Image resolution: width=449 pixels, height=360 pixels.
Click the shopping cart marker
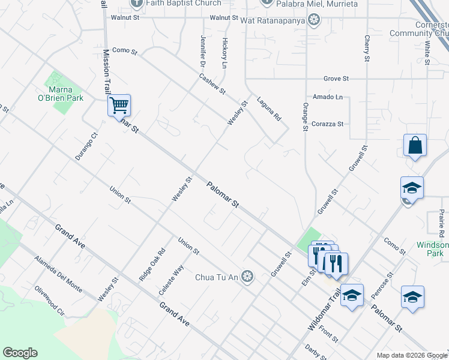tap(119, 106)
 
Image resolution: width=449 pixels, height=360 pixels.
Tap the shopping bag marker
tap(415, 145)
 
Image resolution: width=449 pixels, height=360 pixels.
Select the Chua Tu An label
tap(216, 277)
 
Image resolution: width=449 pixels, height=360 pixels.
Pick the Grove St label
tap(336, 79)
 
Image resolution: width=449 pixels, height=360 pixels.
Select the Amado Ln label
tap(328, 97)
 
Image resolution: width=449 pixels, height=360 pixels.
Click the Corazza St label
tap(327, 124)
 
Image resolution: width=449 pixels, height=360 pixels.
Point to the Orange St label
tap(305, 116)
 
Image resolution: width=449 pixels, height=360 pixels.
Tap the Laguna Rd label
tap(268, 109)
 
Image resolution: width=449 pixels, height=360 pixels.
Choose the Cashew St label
tap(212, 83)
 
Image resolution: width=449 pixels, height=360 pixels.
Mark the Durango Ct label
tap(91, 145)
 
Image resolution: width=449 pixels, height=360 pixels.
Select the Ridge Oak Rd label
tap(152, 265)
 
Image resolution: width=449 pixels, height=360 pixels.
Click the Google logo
tap(20, 353)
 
